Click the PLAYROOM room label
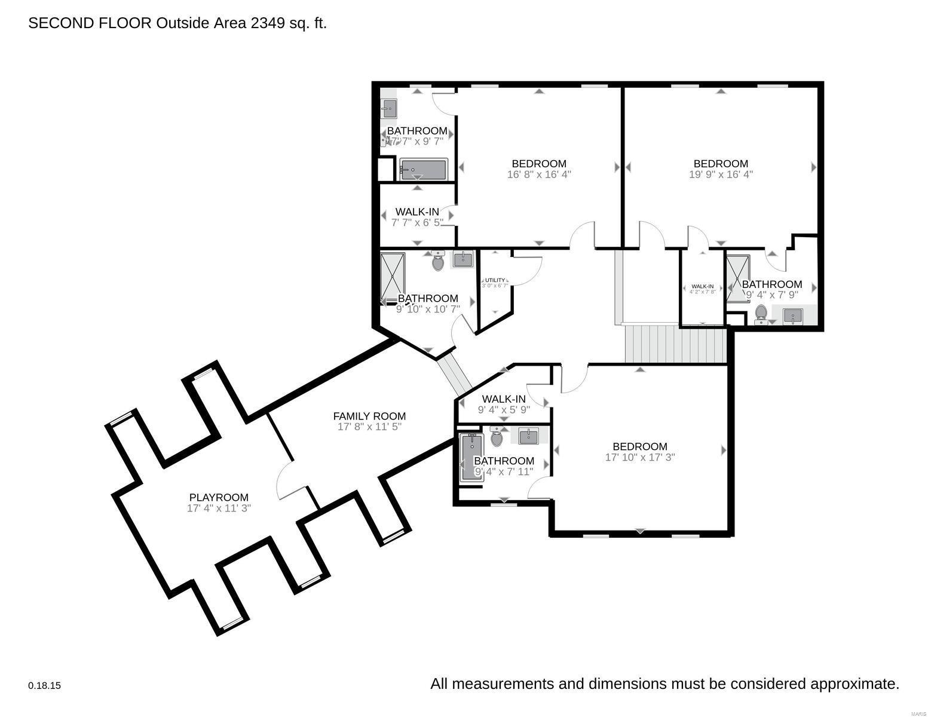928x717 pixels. [219, 497]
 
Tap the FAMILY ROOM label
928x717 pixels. [369, 416]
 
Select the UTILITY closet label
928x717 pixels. [495, 280]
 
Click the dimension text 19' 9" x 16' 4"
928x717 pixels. [721, 174]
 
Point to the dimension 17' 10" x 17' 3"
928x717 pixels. [639, 457]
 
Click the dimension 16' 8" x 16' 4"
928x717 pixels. [539, 174]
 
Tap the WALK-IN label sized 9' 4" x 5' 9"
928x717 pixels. [504, 399]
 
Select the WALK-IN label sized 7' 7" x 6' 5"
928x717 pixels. [417, 212]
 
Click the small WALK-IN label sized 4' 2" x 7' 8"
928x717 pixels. [702, 286]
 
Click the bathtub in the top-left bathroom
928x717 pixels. [423, 170]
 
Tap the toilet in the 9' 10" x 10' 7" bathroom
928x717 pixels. [438, 261]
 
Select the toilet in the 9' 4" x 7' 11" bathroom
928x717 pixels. [497, 437]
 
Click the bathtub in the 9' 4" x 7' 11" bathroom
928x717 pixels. [471, 457]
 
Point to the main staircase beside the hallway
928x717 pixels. [675, 344]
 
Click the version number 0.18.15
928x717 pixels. [45, 685]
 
